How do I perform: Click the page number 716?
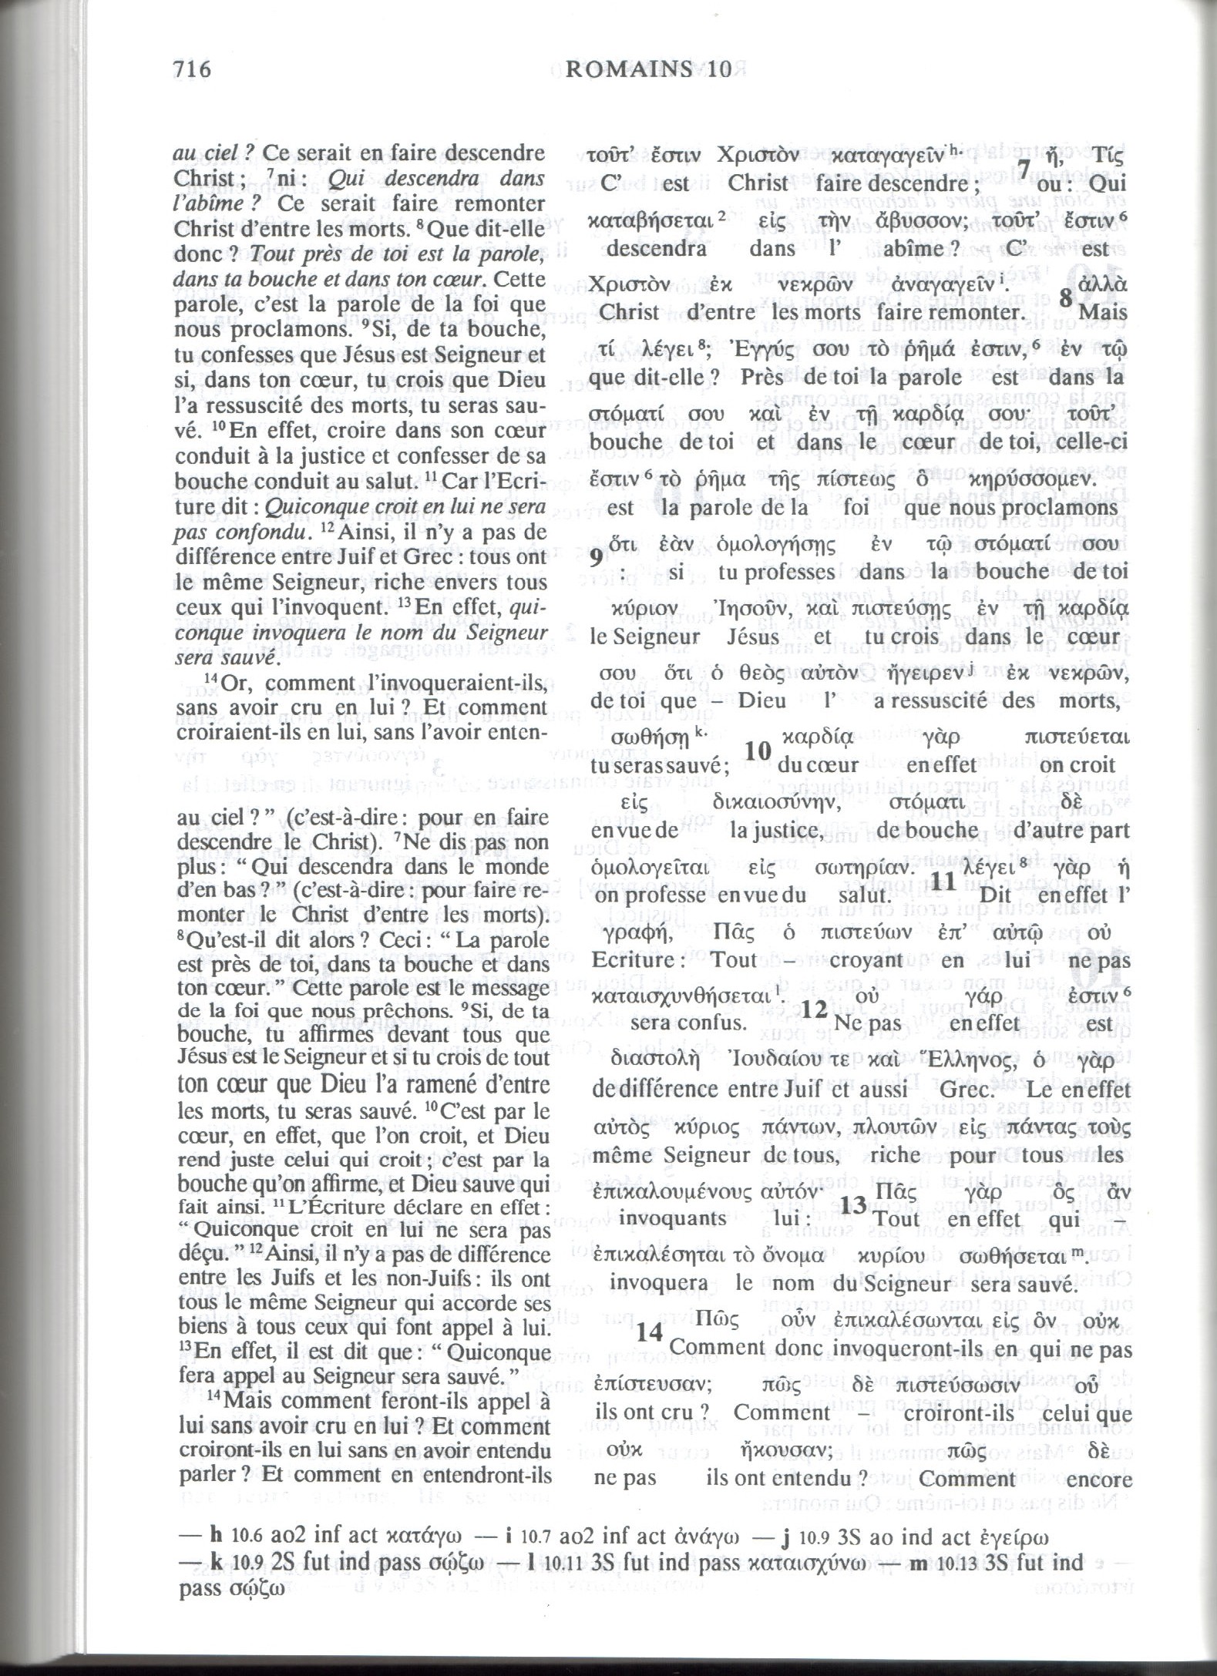[x=193, y=70]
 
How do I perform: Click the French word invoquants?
[x=673, y=1219]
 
